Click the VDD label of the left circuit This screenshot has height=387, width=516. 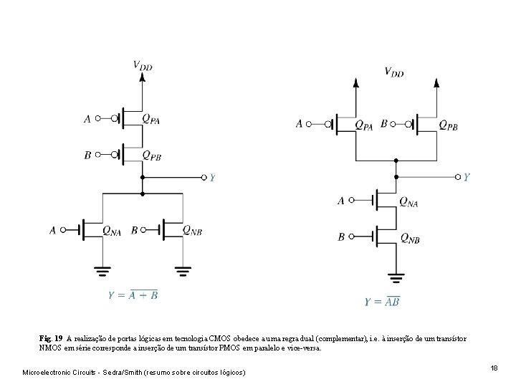pyautogui.click(x=143, y=65)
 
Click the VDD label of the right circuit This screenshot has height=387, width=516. pyautogui.click(x=393, y=71)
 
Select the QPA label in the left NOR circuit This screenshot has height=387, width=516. pyautogui.click(x=150, y=118)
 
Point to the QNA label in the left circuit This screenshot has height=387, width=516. pyautogui.click(x=112, y=230)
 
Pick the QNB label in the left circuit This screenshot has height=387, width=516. pyautogui.click(x=191, y=230)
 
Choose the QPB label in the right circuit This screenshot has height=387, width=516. pyautogui.click(x=448, y=125)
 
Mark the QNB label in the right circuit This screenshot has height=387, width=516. pyautogui.click(x=409, y=237)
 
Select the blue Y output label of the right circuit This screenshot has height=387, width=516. pyautogui.click(x=467, y=176)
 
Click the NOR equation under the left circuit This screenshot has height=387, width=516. pyautogui.click(x=133, y=294)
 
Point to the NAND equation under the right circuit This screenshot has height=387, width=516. pyautogui.click(x=382, y=302)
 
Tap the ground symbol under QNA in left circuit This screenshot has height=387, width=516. pyautogui.click(x=103, y=271)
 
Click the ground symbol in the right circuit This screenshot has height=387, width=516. pyautogui.click(x=396, y=276)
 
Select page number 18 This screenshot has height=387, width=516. pyautogui.click(x=494, y=368)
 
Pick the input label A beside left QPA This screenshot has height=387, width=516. pyautogui.click(x=87, y=119)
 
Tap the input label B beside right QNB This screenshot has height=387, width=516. pyautogui.click(x=341, y=237)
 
